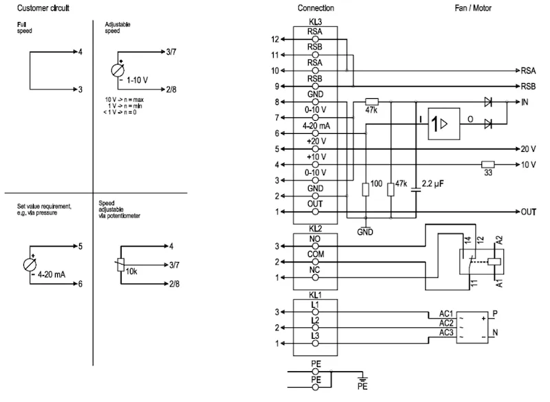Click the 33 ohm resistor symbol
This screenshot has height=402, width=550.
[x=487, y=164]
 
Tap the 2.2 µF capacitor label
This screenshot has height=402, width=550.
[x=432, y=183]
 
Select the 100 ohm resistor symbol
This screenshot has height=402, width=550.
[x=366, y=189]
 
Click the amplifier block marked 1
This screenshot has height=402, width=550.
[x=443, y=124]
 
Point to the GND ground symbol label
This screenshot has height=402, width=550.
[x=365, y=232]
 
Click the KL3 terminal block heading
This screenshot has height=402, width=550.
[x=316, y=22]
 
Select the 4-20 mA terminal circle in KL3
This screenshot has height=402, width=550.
[x=316, y=133]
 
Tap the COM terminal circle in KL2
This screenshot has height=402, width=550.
[x=316, y=262]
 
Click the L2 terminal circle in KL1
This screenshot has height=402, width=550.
[x=316, y=328]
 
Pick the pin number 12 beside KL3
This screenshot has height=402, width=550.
[x=275, y=39]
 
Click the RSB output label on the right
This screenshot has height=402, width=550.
[x=528, y=86]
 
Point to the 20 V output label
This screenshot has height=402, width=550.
[x=528, y=149]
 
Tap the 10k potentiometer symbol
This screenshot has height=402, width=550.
[x=121, y=265]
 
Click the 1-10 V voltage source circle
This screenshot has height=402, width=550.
[x=118, y=71]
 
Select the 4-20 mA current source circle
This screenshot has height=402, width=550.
[x=30, y=265]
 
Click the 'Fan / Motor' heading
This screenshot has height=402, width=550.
[x=473, y=8]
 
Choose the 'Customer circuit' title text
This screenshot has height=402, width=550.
[x=43, y=8]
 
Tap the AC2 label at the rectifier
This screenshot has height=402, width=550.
[x=446, y=323]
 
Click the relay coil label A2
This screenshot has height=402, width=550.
[x=499, y=240]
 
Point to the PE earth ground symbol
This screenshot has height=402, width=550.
[x=363, y=379]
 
